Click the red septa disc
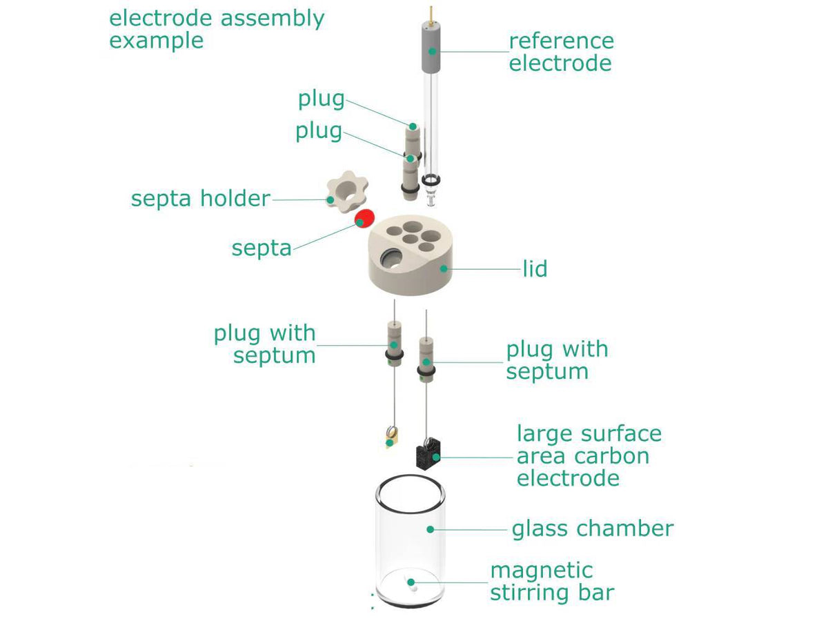(364, 218)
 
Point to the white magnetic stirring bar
(412, 585)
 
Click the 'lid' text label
(535, 268)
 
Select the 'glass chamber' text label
(592, 529)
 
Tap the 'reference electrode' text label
(560, 52)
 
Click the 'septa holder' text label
(200, 199)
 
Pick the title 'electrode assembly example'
(217, 29)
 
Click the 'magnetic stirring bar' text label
(551, 582)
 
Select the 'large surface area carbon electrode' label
(589, 456)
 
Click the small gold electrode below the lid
(391, 436)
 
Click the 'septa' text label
(262, 248)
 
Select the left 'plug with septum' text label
(265, 344)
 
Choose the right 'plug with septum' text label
(557, 360)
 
